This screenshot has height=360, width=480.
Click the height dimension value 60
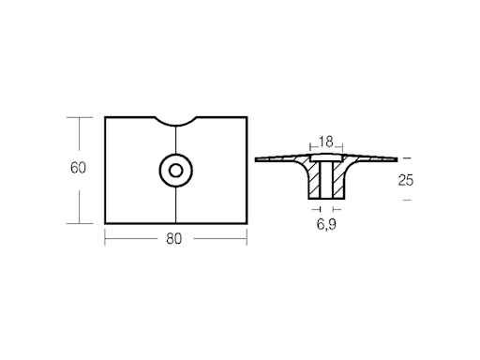[x=79, y=169]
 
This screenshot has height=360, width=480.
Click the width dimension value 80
[x=173, y=238]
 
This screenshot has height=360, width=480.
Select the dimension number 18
[x=326, y=142]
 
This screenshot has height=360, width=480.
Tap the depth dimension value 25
[x=406, y=179]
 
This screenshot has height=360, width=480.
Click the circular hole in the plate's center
[x=174, y=170]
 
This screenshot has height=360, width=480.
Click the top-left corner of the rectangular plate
[x=105, y=116]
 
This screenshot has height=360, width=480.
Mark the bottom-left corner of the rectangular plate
[x=105, y=223]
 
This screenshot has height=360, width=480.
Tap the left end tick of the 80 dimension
[x=105, y=238]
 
